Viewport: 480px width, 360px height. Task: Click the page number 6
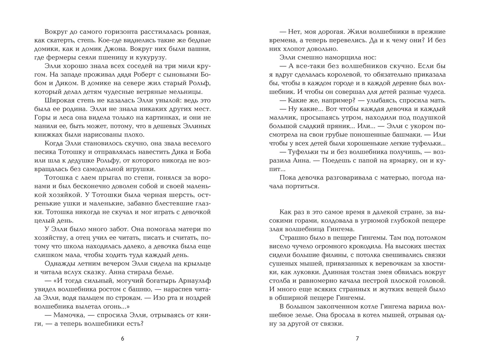click(x=122, y=339)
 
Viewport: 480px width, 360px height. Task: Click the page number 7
click(x=357, y=339)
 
